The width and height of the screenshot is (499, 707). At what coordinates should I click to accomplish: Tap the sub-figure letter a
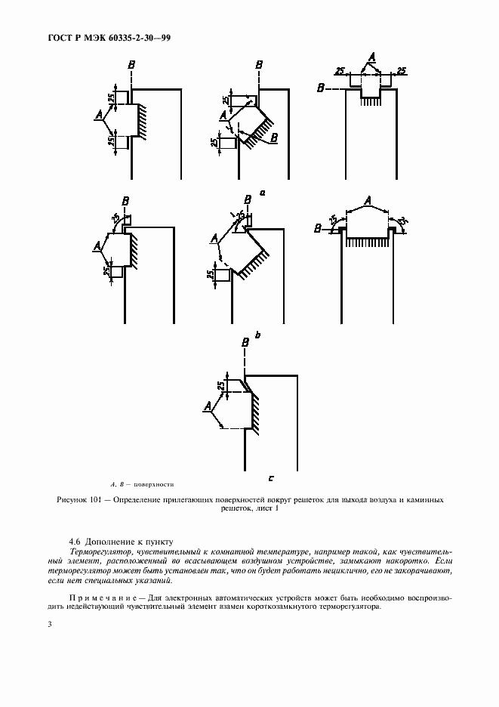click(x=262, y=193)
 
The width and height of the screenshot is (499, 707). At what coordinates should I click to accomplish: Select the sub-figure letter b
click(x=257, y=333)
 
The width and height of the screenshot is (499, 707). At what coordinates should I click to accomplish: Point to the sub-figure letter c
click(x=270, y=477)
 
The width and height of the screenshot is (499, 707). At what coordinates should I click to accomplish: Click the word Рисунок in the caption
click(x=73, y=500)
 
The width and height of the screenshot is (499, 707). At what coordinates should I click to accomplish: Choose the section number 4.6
click(x=75, y=542)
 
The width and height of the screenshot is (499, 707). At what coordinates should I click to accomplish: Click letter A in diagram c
click(x=206, y=407)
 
